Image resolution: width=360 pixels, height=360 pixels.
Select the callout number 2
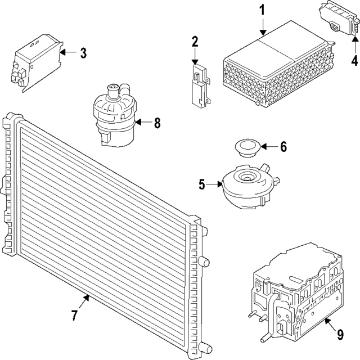(195, 41)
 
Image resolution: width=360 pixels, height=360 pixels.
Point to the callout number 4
(355, 60)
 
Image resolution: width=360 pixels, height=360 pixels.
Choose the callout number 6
(283, 147)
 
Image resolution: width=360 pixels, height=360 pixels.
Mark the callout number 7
(74, 316)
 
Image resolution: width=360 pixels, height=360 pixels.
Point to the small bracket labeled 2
(198, 85)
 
